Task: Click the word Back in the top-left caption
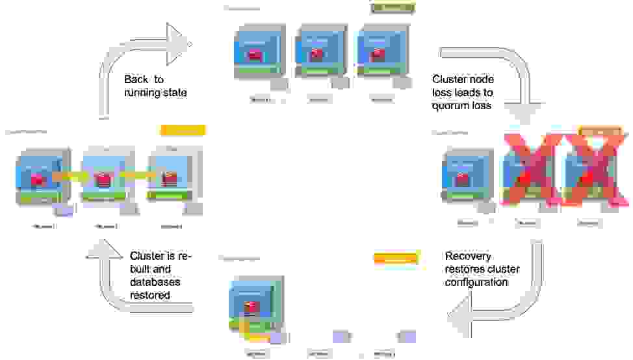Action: point(136,79)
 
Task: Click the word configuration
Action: point(476,283)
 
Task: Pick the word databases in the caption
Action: point(155,282)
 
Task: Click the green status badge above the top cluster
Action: point(393,8)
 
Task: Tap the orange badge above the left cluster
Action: point(183,130)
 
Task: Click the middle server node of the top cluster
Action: point(318,52)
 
